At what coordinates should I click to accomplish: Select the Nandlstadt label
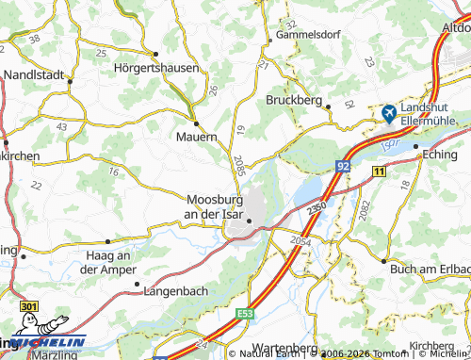tap(35, 74)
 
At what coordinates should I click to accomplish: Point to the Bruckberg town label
tap(295, 98)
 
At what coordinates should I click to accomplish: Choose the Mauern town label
tap(196, 138)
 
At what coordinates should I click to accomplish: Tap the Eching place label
tap(441, 154)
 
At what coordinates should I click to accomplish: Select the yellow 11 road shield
tap(378, 171)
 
